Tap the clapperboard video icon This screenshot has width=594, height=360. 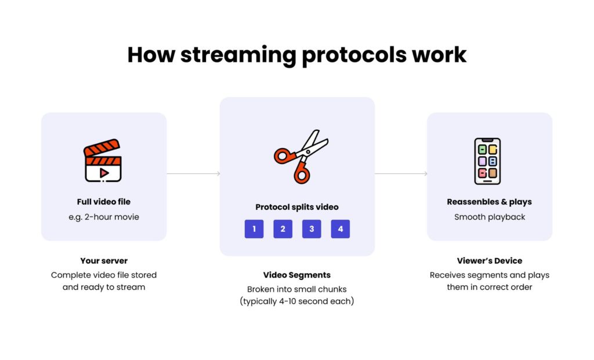pos(103,161)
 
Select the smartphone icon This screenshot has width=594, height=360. pos(487,161)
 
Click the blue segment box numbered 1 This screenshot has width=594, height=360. pos(254,229)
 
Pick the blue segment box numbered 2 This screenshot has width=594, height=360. pos(282,229)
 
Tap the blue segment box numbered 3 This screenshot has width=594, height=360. pos(312,229)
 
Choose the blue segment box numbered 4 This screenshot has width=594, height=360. pos(341,229)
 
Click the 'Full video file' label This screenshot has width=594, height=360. pos(104,202)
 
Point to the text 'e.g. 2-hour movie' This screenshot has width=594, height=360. pos(104,217)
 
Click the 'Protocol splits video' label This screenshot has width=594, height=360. pos(297,207)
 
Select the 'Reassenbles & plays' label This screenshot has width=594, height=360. pos(489,202)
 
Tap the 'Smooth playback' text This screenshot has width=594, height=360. pos(489,217)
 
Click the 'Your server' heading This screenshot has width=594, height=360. pos(104,261)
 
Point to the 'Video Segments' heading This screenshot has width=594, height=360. pos(297,275)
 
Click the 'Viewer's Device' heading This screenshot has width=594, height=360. pos(489,261)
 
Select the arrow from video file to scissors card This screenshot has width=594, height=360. pos(193,173)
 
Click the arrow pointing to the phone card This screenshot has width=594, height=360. pos(401,173)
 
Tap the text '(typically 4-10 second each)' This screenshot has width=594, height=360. pos(297,301)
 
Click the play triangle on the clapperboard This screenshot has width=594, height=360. pos(104,172)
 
